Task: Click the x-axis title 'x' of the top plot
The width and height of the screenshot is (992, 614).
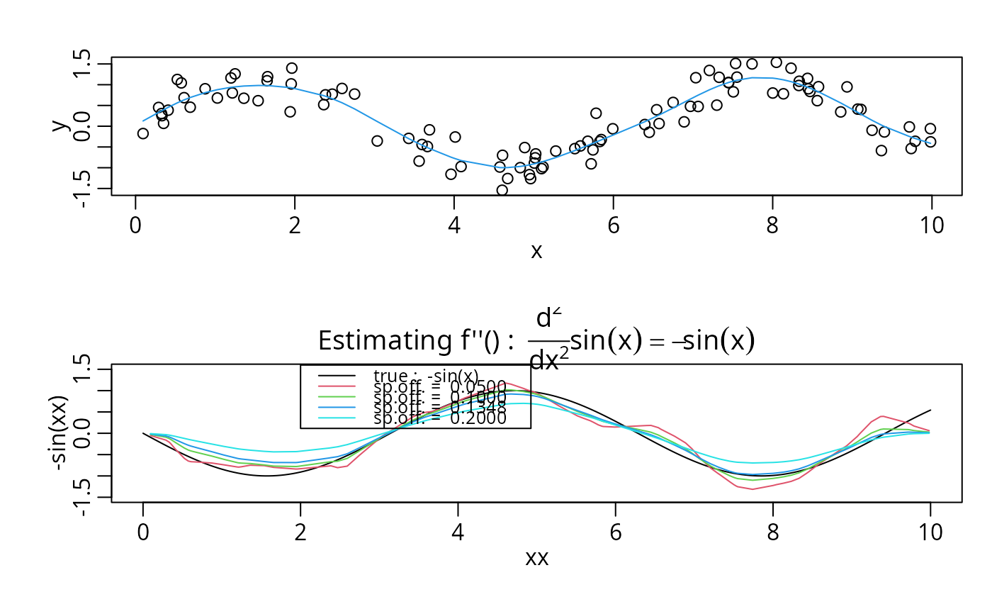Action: tap(536, 250)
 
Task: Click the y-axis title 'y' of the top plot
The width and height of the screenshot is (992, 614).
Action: tap(61, 125)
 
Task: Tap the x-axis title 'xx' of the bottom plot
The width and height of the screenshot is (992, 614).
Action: tap(536, 558)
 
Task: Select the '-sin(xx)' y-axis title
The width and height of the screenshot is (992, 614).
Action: tap(61, 433)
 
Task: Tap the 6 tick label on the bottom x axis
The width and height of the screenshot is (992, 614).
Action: tap(615, 532)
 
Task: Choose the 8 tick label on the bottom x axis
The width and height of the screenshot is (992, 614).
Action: tap(773, 532)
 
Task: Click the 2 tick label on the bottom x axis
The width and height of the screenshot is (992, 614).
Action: tap(300, 532)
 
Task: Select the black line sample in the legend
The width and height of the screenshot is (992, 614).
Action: tap(337, 375)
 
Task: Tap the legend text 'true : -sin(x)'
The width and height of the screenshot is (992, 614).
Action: tap(425, 375)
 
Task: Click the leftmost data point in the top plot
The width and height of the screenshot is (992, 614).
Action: tap(143, 133)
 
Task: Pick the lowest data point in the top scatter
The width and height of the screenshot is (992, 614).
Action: tap(502, 190)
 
